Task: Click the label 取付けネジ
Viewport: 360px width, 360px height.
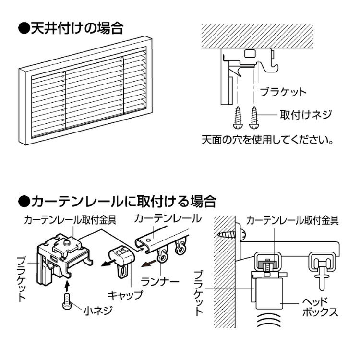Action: coord(306,115)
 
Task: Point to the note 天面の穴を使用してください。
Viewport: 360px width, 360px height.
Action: coord(267,141)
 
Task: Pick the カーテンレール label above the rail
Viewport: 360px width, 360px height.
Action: coord(168,218)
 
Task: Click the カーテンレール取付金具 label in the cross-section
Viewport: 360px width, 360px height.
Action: coord(293,220)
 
